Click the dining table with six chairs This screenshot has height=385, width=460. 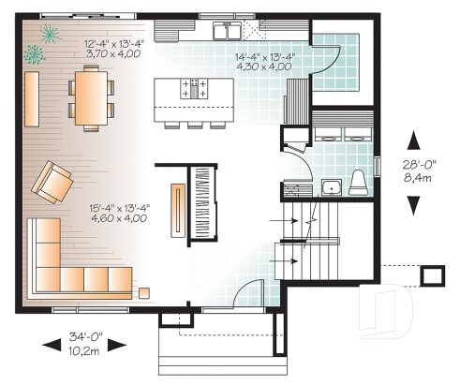click(x=91, y=97)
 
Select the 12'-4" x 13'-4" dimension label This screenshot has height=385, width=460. click(x=113, y=42)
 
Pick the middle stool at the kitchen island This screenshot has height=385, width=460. click(x=194, y=122)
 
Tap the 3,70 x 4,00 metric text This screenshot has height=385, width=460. click(x=113, y=54)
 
